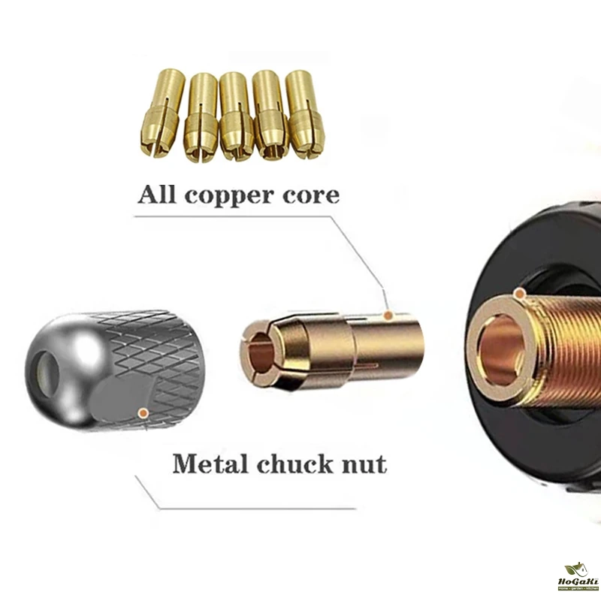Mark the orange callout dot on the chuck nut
(x=143, y=413)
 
